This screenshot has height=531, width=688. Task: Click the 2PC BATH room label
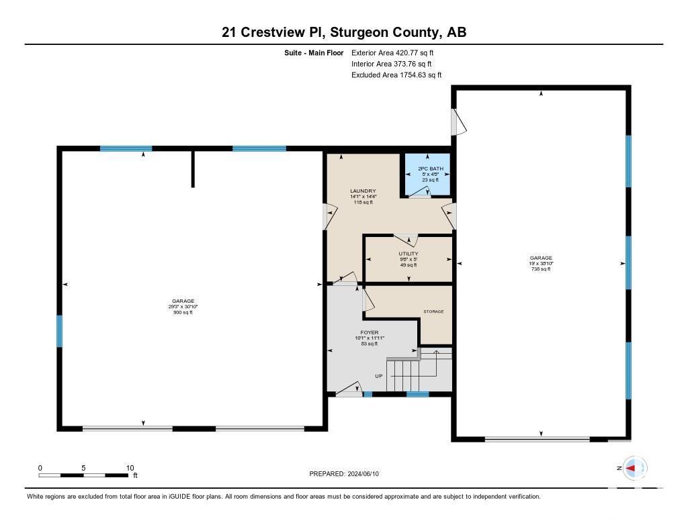click(x=425, y=168)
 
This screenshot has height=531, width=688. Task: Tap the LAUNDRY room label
click(x=357, y=191)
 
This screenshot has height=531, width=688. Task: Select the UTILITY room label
click(x=408, y=254)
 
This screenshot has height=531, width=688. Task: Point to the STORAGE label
click(x=433, y=311)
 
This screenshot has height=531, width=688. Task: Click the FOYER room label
click(x=369, y=332)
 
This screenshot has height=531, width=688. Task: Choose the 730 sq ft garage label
click(x=541, y=258)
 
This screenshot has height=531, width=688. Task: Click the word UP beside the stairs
click(x=379, y=376)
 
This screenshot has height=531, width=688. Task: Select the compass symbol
click(x=634, y=467)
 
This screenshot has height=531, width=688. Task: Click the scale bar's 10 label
click(x=130, y=468)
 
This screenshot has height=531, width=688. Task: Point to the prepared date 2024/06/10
click(x=348, y=474)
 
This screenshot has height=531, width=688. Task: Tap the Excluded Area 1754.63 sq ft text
click(x=396, y=75)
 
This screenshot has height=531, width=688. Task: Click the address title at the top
click(x=344, y=32)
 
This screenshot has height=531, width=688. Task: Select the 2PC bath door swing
click(x=420, y=192)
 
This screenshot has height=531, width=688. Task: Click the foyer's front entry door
click(x=349, y=390)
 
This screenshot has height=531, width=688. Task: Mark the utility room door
click(x=406, y=240)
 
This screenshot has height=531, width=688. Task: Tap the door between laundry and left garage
click(x=329, y=216)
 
